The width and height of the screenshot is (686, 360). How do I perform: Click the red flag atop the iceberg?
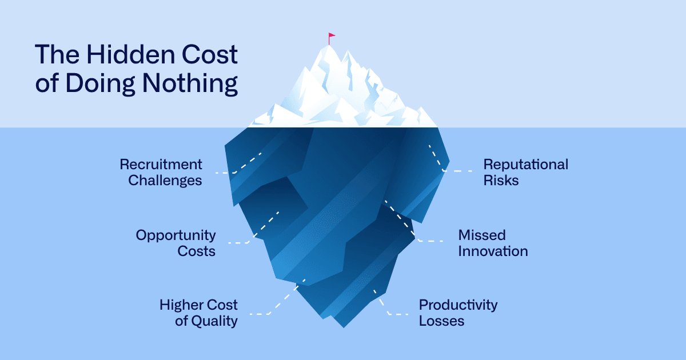(x=332, y=37)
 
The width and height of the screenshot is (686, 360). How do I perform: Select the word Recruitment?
(x=161, y=165)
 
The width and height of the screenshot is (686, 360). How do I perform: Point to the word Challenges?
(x=165, y=181)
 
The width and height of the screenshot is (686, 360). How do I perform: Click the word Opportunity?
(x=176, y=235)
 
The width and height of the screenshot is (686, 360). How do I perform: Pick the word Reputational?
(x=526, y=165)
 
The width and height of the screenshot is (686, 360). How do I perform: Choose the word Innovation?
(x=493, y=251)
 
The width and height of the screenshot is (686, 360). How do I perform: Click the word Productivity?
(x=458, y=305)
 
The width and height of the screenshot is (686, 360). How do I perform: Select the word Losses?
(x=441, y=321)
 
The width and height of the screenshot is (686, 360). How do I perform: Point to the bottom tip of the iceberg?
(x=344, y=326)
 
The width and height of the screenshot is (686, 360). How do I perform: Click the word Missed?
(x=482, y=235)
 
